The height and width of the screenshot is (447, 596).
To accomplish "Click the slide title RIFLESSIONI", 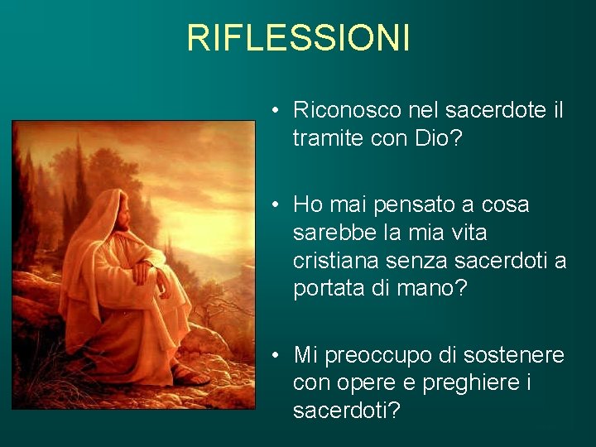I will (298, 38).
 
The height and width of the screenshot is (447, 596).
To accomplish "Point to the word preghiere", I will (459, 384).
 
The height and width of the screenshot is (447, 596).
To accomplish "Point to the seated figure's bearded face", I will (123, 217).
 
